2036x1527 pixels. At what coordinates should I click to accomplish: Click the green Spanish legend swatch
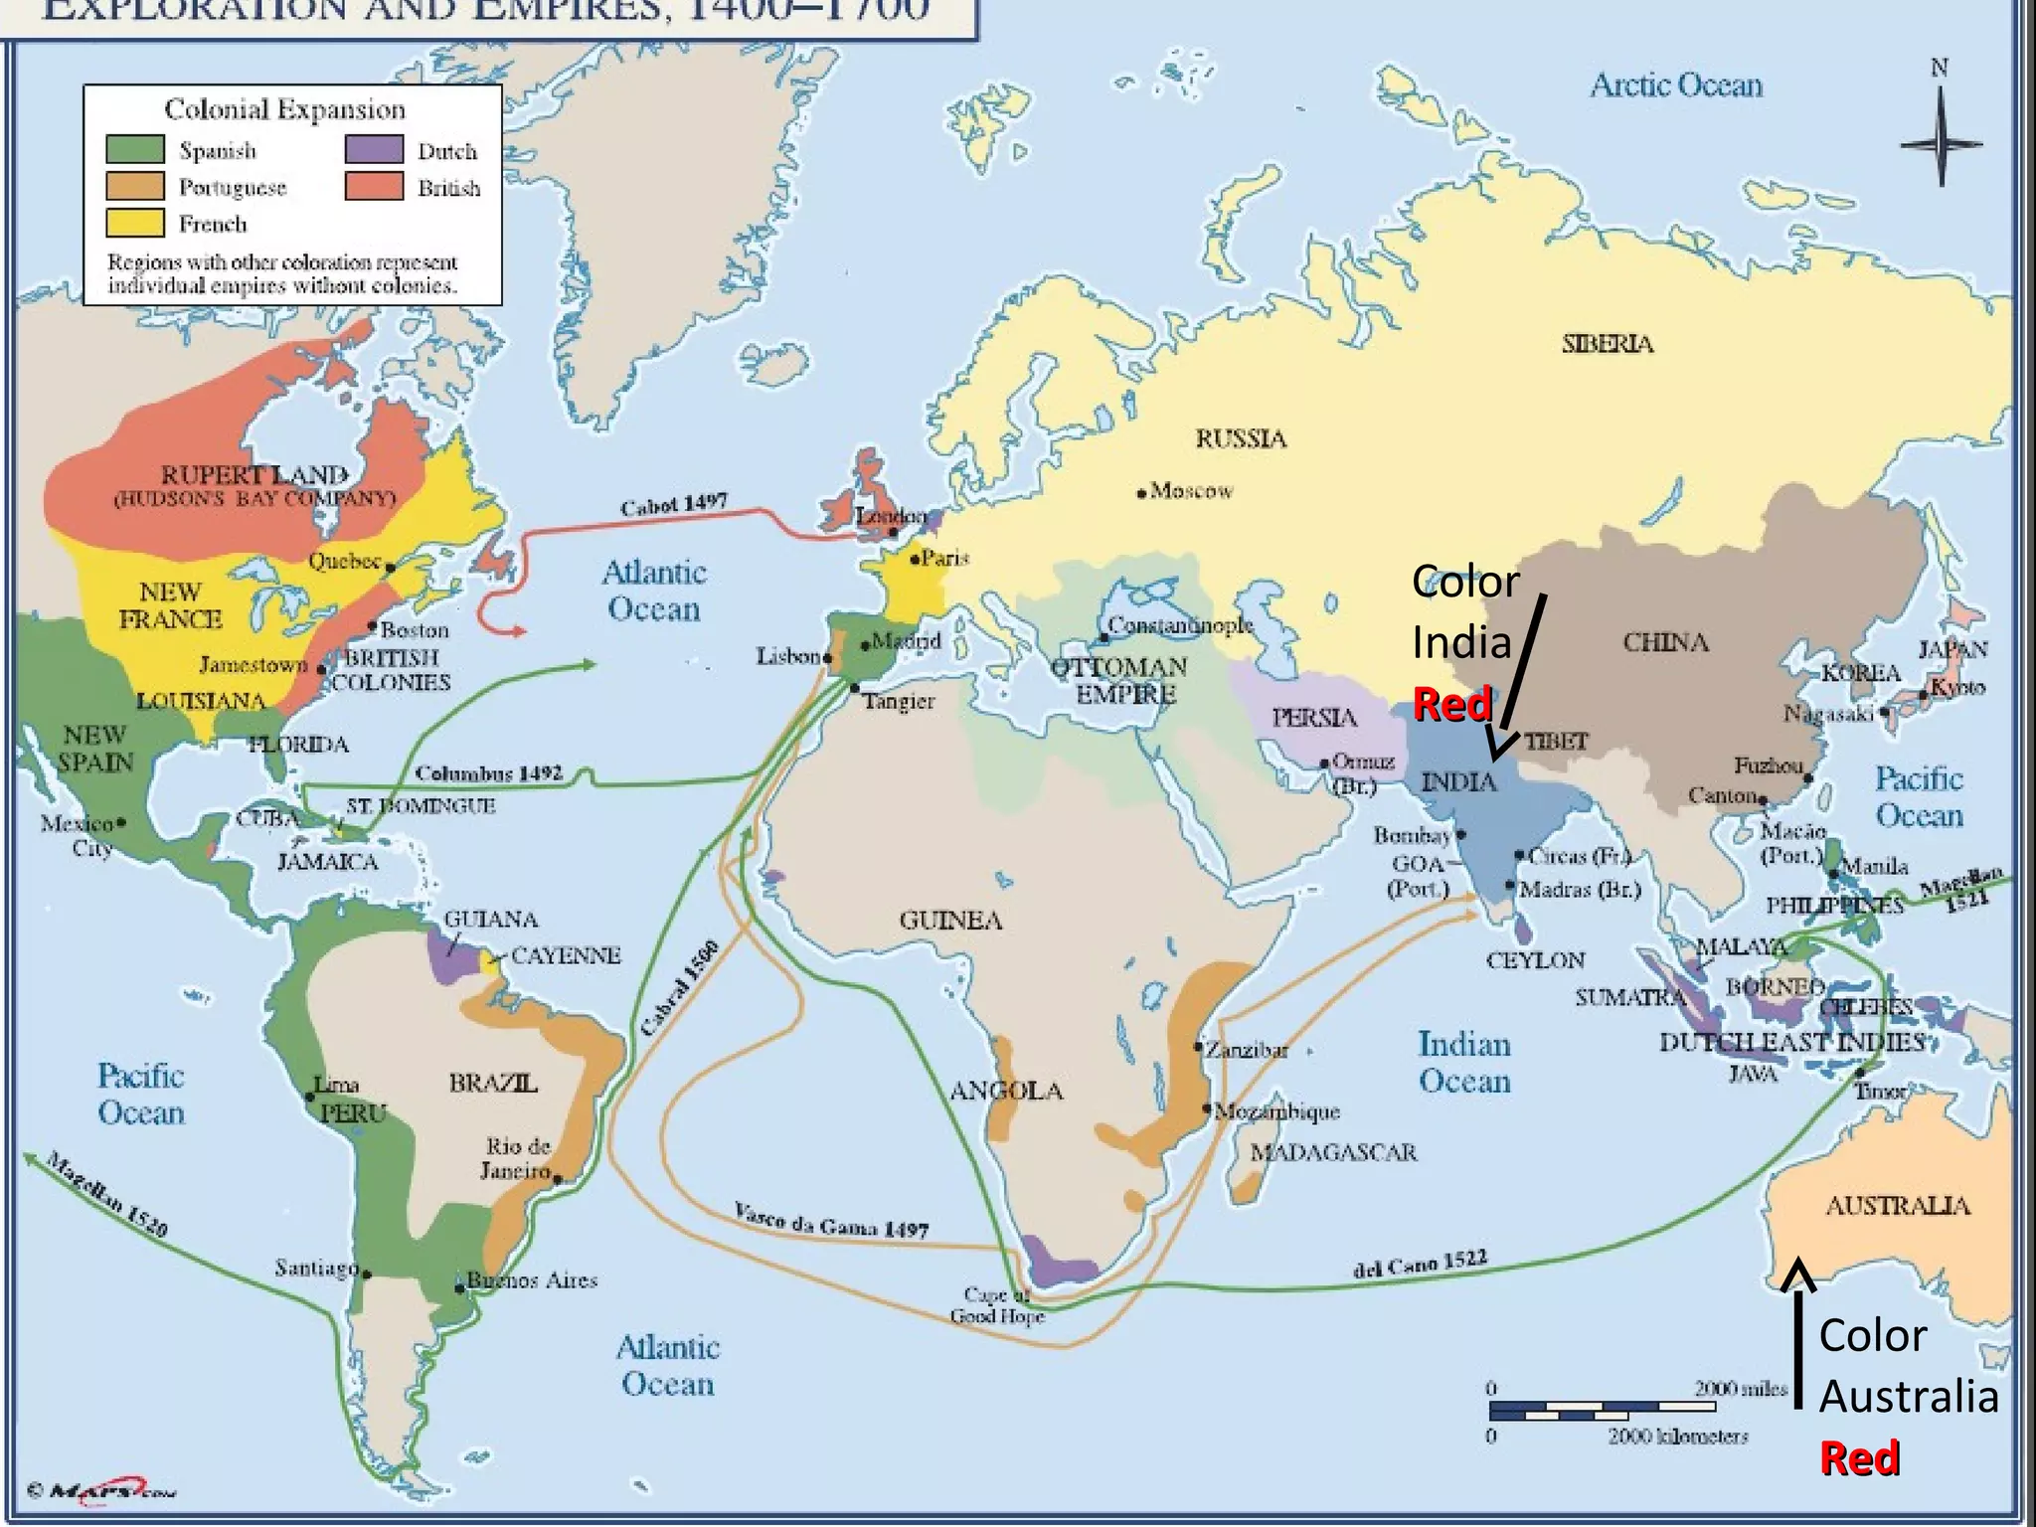point(135,149)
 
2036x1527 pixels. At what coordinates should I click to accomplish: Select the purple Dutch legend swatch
point(374,149)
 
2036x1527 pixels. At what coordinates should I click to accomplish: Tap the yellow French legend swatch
point(135,222)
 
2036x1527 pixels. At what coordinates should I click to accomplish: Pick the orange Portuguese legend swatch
point(135,186)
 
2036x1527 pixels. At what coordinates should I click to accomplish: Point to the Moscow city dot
point(1142,492)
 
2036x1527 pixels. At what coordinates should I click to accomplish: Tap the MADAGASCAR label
point(1333,1152)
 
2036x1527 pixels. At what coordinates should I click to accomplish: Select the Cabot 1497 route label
point(673,506)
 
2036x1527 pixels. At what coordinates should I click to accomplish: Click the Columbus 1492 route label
point(488,773)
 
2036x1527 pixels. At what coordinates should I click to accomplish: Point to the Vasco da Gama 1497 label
point(831,1222)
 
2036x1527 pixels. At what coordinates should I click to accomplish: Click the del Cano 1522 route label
point(1420,1265)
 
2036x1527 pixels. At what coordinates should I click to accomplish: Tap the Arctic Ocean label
point(1676,85)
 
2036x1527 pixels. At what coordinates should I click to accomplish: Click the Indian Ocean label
point(1464,1063)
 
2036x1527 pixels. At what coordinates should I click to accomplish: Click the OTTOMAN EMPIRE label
point(1119,680)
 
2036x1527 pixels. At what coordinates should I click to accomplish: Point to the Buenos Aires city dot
point(459,1289)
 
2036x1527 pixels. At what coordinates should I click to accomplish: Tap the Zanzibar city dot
point(1200,1047)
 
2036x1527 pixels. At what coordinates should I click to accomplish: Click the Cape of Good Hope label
point(997,1305)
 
